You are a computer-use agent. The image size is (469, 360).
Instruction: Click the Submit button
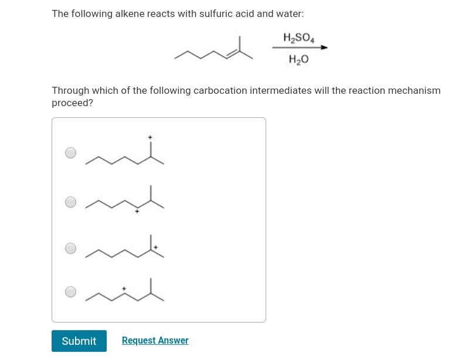79,341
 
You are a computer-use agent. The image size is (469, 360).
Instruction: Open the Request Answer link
155,341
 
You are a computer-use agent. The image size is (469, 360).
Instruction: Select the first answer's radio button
70,153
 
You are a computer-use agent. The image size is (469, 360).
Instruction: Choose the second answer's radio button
70,202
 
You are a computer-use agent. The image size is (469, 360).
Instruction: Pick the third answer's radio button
70,248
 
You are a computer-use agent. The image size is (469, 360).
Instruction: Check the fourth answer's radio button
70,291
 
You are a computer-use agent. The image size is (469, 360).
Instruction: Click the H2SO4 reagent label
299,38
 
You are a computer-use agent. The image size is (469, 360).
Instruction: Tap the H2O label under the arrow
299,59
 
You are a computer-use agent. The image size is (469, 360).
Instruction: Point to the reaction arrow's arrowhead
324,47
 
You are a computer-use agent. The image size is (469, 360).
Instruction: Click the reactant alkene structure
214,51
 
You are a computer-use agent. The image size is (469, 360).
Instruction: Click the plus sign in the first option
150,137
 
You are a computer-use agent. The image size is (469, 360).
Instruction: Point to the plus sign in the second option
137,211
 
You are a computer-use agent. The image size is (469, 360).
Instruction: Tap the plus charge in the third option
156,247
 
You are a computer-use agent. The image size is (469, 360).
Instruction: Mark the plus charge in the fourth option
124,288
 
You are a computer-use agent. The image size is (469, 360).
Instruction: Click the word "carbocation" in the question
220,90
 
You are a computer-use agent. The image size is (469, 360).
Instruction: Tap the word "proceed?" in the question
72,103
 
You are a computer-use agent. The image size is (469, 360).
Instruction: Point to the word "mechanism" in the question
414,90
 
